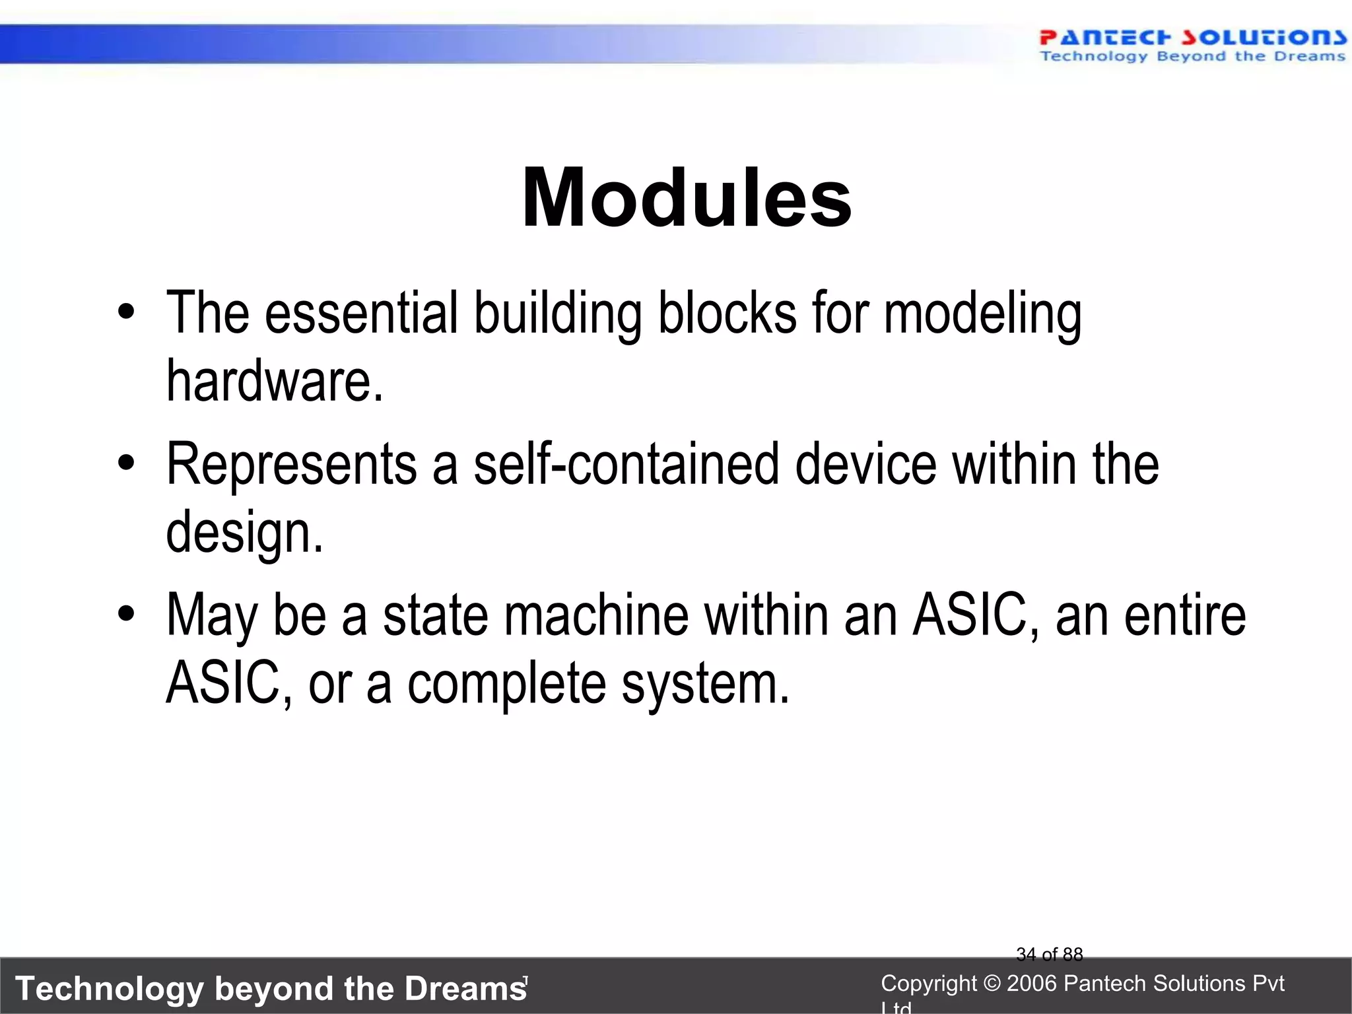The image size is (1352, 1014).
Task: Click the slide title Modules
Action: [x=687, y=198]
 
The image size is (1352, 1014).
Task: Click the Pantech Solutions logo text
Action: [x=1192, y=38]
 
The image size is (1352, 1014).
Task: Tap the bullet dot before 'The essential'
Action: [x=126, y=312]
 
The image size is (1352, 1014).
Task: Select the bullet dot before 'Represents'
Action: [x=126, y=463]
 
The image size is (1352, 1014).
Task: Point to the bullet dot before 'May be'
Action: [x=126, y=614]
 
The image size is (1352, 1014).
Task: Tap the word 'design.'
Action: [x=245, y=533]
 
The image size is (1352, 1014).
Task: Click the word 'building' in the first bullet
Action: [x=558, y=314]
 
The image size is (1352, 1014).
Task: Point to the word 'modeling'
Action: [x=982, y=314]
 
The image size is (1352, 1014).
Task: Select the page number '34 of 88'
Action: [x=1049, y=954]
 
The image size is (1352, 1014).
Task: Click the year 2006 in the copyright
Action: [x=1033, y=984]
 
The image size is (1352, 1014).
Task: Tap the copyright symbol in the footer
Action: [x=992, y=984]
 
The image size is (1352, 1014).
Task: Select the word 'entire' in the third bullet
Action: [x=1185, y=615]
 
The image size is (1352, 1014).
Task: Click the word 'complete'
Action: [x=506, y=685]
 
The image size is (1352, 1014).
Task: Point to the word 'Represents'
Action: [x=291, y=464]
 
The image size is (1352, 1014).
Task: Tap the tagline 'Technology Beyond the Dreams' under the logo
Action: [x=1192, y=57]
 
